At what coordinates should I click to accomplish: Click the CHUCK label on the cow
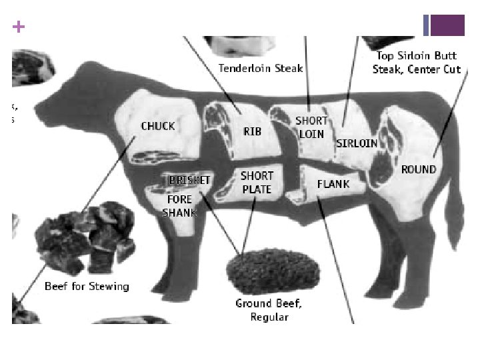pyautogui.click(x=158, y=126)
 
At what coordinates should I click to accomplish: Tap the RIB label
pyautogui.click(x=252, y=131)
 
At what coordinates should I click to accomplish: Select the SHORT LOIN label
pyautogui.click(x=311, y=127)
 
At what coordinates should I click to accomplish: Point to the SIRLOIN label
pyautogui.click(x=357, y=143)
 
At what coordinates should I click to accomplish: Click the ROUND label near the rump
pyautogui.click(x=418, y=170)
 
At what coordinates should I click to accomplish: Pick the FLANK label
pyautogui.click(x=333, y=184)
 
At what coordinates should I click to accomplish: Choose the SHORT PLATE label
pyautogui.click(x=257, y=183)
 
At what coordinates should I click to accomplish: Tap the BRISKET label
pyautogui.click(x=190, y=180)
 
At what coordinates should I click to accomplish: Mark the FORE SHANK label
pyautogui.click(x=179, y=206)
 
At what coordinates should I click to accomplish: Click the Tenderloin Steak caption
pyautogui.click(x=261, y=68)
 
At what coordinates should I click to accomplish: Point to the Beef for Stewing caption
pyautogui.click(x=87, y=287)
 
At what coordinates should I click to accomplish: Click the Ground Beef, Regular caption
pyautogui.click(x=269, y=310)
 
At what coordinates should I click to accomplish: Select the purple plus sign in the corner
pyautogui.click(x=19, y=27)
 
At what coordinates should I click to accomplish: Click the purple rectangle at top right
pyautogui.click(x=447, y=25)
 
